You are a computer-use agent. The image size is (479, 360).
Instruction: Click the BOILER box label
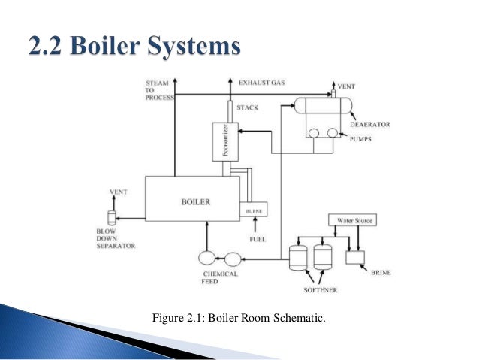pyautogui.click(x=196, y=201)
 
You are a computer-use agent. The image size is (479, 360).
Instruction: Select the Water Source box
pyautogui.click(x=351, y=221)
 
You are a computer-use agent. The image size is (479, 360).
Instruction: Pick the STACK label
pyautogui.click(x=247, y=107)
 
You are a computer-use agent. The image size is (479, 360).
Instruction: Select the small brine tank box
pyautogui.click(x=354, y=257)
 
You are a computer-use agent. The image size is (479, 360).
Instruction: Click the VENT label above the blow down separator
pyautogui.click(x=119, y=192)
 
